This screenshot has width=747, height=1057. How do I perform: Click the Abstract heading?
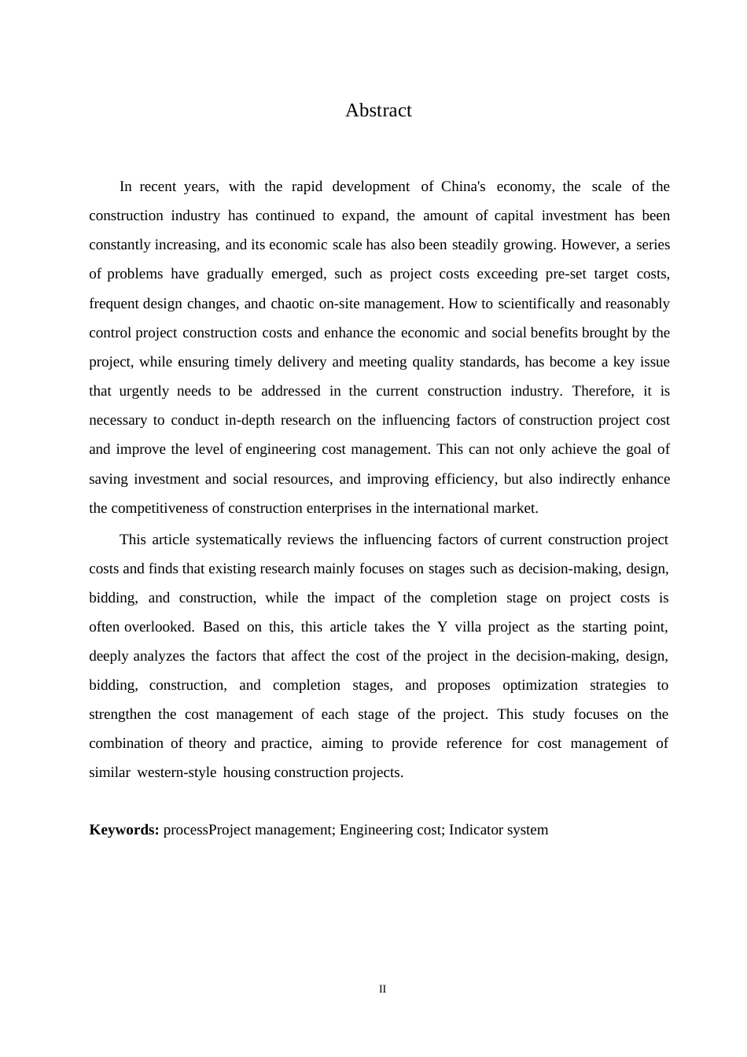point(378,111)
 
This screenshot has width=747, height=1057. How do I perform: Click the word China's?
point(463,186)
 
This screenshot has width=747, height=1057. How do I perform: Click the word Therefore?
point(602,391)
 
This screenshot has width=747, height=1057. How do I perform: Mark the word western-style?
point(177,772)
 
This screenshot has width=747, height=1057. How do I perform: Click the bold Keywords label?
point(124,830)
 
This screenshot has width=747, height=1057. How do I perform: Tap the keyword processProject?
point(207,830)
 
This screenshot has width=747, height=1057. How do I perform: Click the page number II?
point(383,989)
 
